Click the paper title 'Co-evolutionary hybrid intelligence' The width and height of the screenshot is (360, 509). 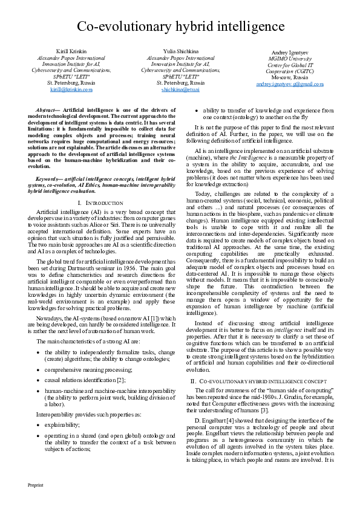click(x=180, y=27)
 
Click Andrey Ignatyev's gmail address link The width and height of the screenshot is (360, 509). click(x=289, y=83)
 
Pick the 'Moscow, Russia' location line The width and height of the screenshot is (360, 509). click(x=289, y=77)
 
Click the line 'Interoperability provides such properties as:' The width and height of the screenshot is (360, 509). click(x=83, y=415)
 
